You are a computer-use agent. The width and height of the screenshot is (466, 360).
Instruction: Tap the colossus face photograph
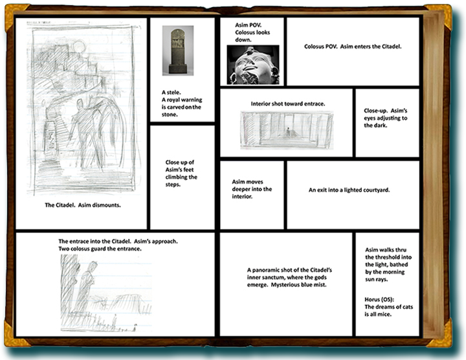pos(253,65)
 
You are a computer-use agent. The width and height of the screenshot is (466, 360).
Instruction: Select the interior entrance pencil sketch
pos(286,129)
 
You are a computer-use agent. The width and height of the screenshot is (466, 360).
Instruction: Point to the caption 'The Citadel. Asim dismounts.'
pos(83,205)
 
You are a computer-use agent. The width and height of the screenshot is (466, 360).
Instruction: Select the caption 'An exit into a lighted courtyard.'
pos(352,190)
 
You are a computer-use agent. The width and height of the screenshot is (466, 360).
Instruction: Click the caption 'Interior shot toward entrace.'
pos(287,104)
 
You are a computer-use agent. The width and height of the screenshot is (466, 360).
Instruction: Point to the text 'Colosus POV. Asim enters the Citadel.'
pos(353,47)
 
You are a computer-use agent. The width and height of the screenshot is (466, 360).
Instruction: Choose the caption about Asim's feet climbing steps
pos(181,173)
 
